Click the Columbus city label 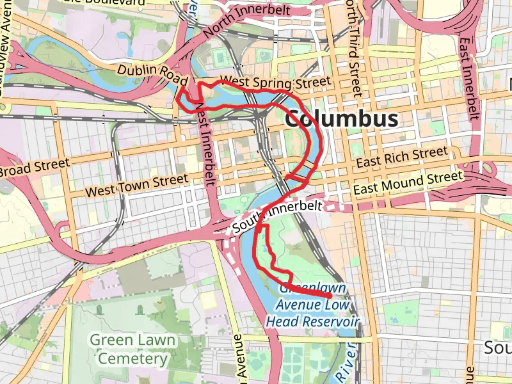click(341, 119)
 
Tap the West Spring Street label click(275, 83)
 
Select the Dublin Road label click(152, 74)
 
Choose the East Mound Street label click(408, 182)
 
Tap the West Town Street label click(137, 185)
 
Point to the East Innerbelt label click(469, 77)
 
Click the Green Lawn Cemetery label click(132, 349)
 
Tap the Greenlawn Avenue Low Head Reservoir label click(312, 305)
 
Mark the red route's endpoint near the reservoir click(329, 296)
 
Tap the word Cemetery click(132, 358)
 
